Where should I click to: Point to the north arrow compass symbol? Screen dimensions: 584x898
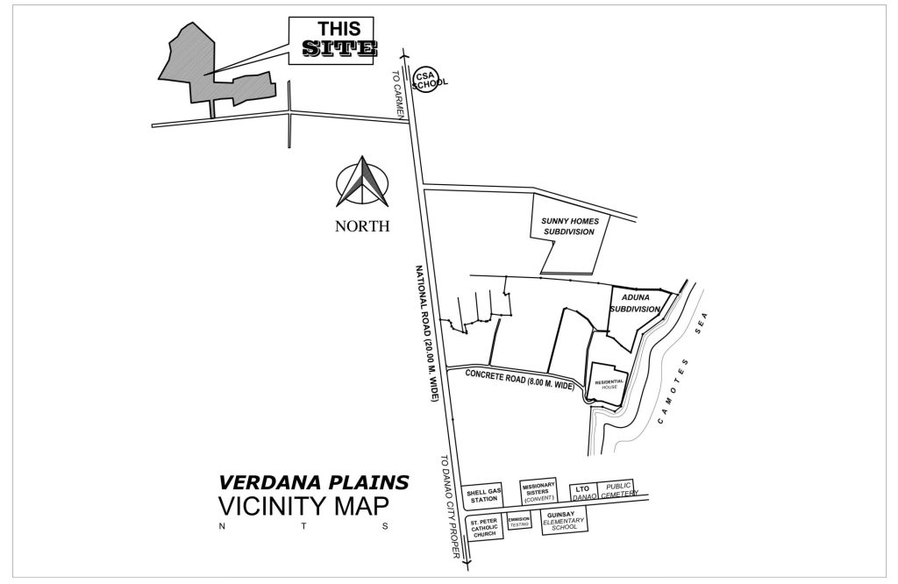[x=362, y=182]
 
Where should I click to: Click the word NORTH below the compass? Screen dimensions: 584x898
[x=361, y=225]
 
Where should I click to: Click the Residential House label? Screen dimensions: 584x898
[x=609, y=384]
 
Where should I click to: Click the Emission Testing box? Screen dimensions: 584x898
[x=519, y=522]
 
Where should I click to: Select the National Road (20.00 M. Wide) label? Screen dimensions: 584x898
[x=427, y=333]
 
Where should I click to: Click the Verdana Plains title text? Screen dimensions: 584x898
[x=313, y=481]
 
